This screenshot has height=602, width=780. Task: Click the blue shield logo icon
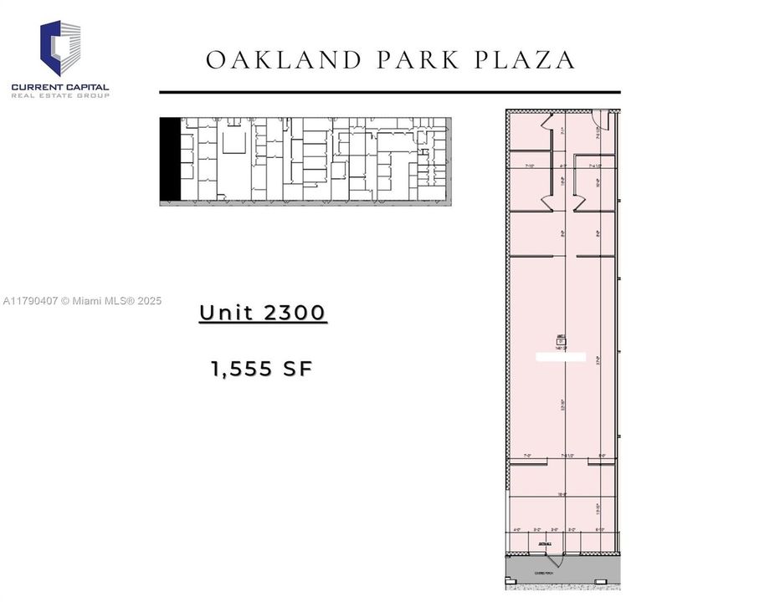(61, 48)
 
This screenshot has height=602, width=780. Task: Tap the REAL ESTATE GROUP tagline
(60, 96)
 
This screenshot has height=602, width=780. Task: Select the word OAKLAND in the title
(269, 60)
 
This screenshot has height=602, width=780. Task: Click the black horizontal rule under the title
(389, 92)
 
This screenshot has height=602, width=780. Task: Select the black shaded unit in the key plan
(170, 159)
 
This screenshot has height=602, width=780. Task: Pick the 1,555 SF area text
(262, 369)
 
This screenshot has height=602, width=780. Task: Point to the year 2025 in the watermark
(146, 301)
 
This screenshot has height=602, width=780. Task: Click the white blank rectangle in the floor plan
(561, 357)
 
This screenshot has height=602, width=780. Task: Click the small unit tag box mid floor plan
(561, 340)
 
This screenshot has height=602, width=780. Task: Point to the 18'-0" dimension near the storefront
(562, 495)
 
